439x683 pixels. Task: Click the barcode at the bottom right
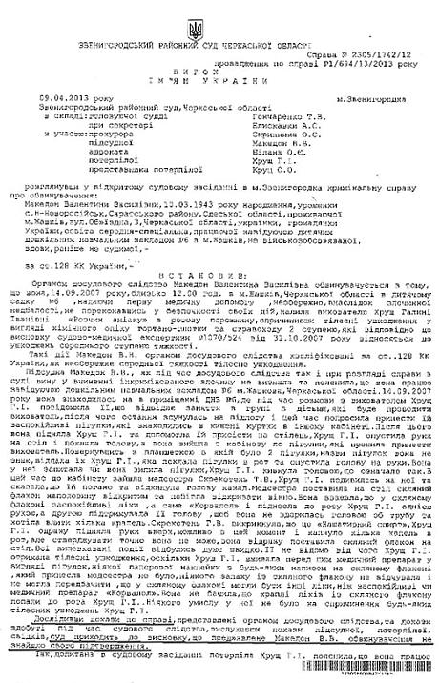pos(377,673)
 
